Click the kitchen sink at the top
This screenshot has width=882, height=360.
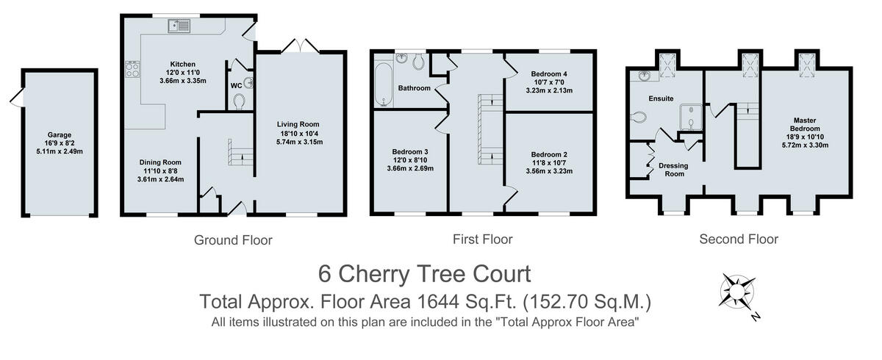click(x=179, y=26)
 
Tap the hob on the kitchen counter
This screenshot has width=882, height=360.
click(x=132, y=69)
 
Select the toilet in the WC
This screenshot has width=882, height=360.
click(x=239, y=102)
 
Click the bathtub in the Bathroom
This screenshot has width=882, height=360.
click(x=384, y=84)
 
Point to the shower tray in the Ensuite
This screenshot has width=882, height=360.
click(x=691, y=117)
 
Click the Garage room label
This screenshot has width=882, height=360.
click(x=60, y=134)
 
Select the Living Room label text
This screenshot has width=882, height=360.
click(x=298, y=124)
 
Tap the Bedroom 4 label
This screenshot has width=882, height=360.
click(x=549, y=74)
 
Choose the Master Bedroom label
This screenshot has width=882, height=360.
click(x=805, y=124)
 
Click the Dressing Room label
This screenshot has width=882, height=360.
click(x=673, y=170)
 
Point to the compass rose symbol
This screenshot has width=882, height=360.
click(x=737, y=292)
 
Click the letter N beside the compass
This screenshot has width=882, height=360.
click(x=755, y=315)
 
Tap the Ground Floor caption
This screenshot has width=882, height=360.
click(x=233, y=240)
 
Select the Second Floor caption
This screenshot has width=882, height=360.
click(x=739, y=240)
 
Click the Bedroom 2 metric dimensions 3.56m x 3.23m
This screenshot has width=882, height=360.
click(x=549, y=171)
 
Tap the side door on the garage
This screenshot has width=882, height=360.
click(x=16, y=98)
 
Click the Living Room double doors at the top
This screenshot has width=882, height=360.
click(x=300, y=46)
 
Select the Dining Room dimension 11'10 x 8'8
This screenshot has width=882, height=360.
click(x=160, y=171)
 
